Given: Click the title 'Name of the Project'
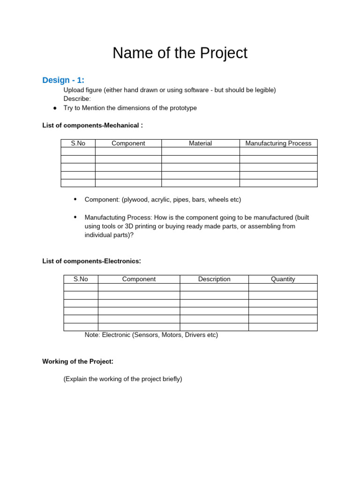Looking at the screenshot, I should pyautogui.click(x=180, y=53).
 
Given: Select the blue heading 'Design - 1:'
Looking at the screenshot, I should pyautogui.click(x=63, y=80).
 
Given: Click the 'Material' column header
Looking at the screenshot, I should pyautogui.click(x=200, y=143).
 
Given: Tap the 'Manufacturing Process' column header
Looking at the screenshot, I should pyautogui.click(x=278, y=143).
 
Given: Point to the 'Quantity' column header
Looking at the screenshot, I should pyautogui.click(x=283, y=279).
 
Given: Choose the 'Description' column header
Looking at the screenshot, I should pyautogui.click(x=214, y=279).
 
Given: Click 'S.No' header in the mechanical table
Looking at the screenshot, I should pyautogui.click(x=78, y=143).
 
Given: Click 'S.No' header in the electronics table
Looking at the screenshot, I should pyautogui.click(x=81, y=279).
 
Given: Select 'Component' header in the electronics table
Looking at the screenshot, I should pyautogui.click(x=139, y=279).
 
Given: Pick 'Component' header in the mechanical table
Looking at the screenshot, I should pyautogui.click(x=128, y=143).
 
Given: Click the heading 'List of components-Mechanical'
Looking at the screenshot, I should pyautogui.click(x=92, y=125).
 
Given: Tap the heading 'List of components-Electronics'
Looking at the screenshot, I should pyautogui.click(x=91, y=261).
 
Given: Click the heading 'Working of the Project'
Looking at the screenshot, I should pyautogui.click(x=78, y=361).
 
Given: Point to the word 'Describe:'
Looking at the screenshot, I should pyautogui.click(x=77, y=98).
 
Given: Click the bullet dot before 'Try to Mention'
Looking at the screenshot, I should pyautogui.click(x=55, y=108).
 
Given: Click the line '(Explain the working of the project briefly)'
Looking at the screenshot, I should pyautogui.click(x=123, y=379).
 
